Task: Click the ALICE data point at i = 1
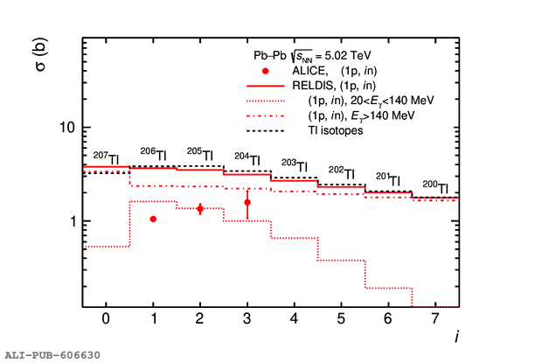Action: [x=153, y=219]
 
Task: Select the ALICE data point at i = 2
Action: [x=200, y=208]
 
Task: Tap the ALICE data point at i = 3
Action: [x=247, y=202]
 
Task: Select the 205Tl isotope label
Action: [x=200, y=152]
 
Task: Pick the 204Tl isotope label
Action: [x=247, y=158]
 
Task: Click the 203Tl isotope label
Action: [x=295, y=164]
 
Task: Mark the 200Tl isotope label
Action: [x=435, y=186]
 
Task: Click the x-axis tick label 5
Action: [x=341, y=319]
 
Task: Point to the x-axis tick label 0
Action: [x=106, y=319]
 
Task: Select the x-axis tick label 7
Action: [x=435, y=319]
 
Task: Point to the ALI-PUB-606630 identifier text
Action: [x=52, y=355]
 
